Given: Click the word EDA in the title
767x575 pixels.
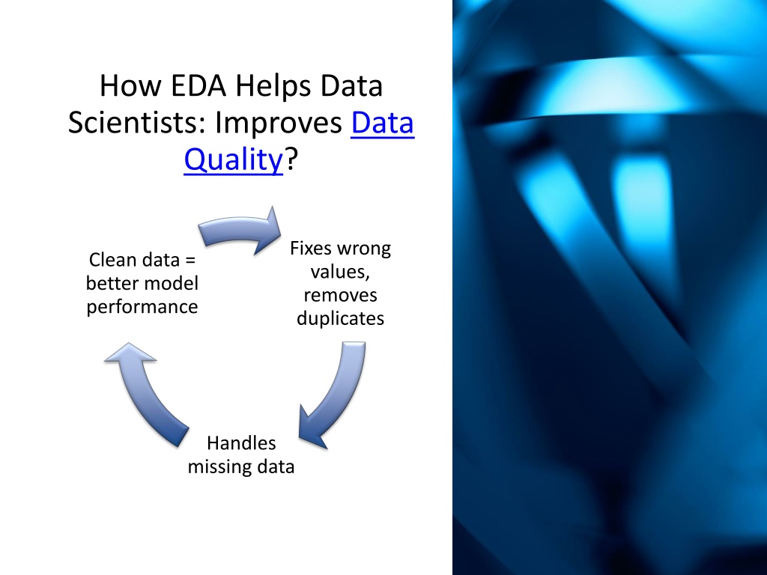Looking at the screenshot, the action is (198, 85).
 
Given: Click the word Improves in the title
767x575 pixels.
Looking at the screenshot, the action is (279, 124).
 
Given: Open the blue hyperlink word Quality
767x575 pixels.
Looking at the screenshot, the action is (234, 160).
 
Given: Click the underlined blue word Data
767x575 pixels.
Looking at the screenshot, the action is (383, 122).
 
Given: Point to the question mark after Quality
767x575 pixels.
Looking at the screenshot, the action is (291, 159).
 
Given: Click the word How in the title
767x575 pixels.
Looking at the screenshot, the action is (130, 85).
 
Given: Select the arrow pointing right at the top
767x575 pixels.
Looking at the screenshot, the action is (240, 231).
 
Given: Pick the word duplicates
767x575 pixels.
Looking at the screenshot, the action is (341, 319).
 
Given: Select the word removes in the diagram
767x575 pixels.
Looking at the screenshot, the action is (341, 295).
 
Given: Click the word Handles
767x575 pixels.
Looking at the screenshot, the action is (241, 443).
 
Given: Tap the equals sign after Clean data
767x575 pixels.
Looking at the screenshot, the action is (191, 260).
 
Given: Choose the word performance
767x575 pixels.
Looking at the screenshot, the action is (142, 307).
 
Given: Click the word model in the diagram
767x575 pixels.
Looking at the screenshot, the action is (175, 283).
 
